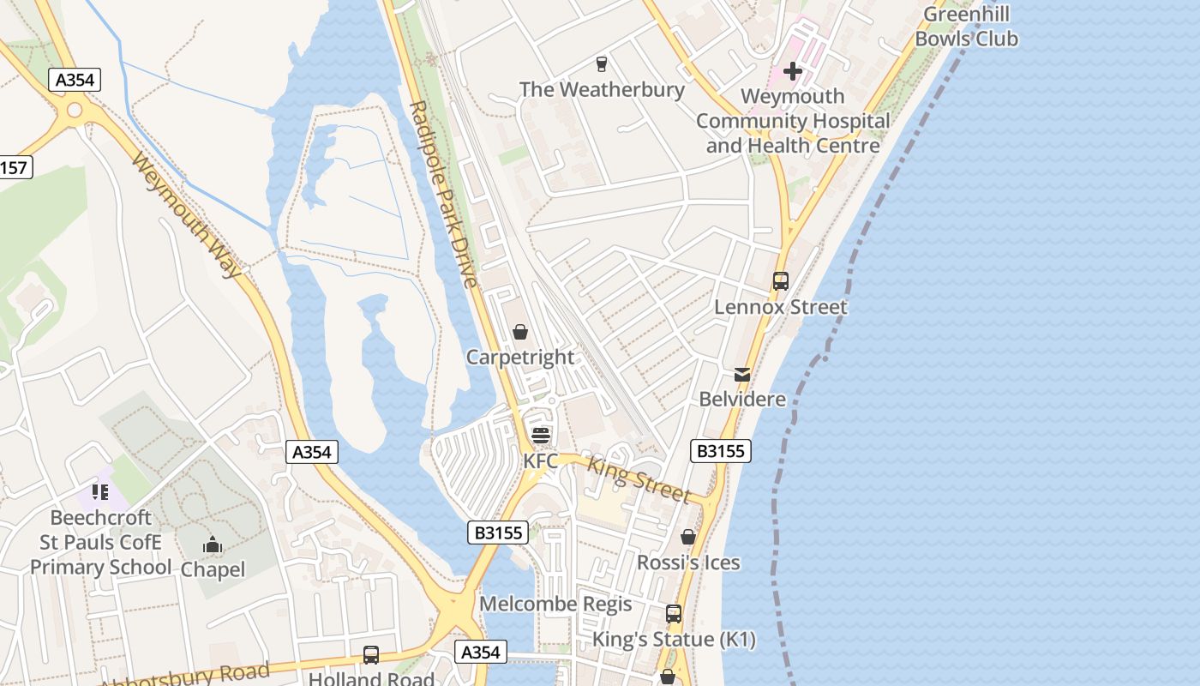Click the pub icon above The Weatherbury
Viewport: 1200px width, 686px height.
click(x=601, y=63)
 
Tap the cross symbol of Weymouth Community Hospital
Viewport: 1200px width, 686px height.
click(x=793, y=70)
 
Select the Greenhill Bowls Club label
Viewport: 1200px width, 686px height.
click(x=966, y=27)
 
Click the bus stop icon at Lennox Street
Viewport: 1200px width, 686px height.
click(x=780, y=280)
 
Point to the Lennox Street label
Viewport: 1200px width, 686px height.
click(x=780, y=306)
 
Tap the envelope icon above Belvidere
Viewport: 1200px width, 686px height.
click(x=742, y=375)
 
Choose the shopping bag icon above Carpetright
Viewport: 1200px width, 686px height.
click(x=519, y=332)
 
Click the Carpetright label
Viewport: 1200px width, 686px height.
click(x=519, y=357)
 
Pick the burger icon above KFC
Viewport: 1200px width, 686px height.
click(x=540, y=435)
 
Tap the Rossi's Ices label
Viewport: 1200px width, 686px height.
click(x=688, y=563)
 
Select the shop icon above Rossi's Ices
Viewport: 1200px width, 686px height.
click(x=687, y=537)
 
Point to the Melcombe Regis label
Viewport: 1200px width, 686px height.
click(x=555, y=604)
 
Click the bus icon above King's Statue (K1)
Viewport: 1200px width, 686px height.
click(x=674, y=614)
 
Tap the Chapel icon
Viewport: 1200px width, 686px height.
click(x=213, y=545)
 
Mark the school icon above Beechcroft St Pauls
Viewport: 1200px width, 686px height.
click(x=100, y=492)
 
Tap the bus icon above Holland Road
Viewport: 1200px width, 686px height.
click(x=371, y=655)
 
